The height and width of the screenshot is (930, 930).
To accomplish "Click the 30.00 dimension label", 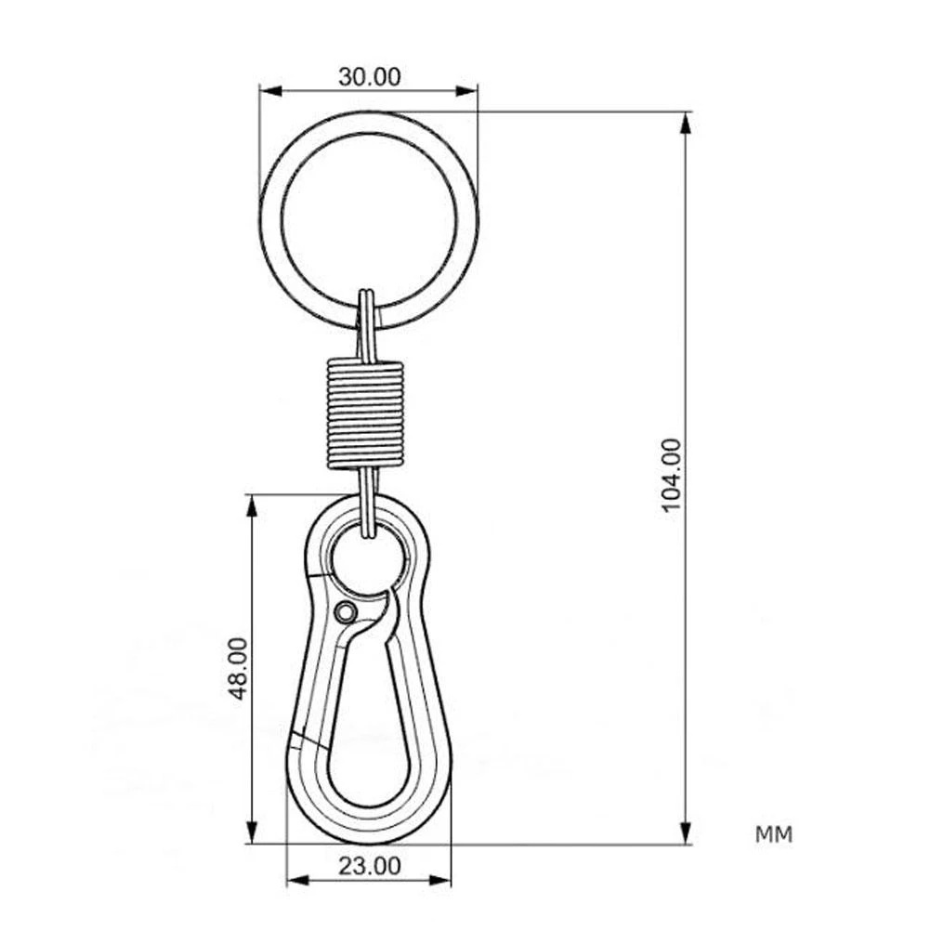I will click(369, 77).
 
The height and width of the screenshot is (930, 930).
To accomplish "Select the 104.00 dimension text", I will click(672, 477).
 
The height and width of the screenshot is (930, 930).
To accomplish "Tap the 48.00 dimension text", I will click(238, 668).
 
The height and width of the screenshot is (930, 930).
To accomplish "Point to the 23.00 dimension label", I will click(369, 867).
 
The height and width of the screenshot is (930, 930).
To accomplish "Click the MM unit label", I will click(774, 834).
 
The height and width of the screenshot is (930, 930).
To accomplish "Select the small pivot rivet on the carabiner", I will click(346, 612).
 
